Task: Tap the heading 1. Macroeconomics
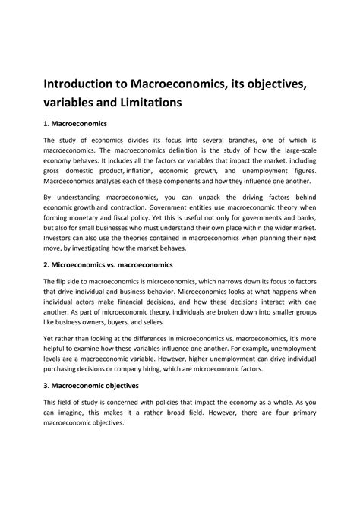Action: coord(76,122)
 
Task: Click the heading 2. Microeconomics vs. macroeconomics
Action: coord(109,264)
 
